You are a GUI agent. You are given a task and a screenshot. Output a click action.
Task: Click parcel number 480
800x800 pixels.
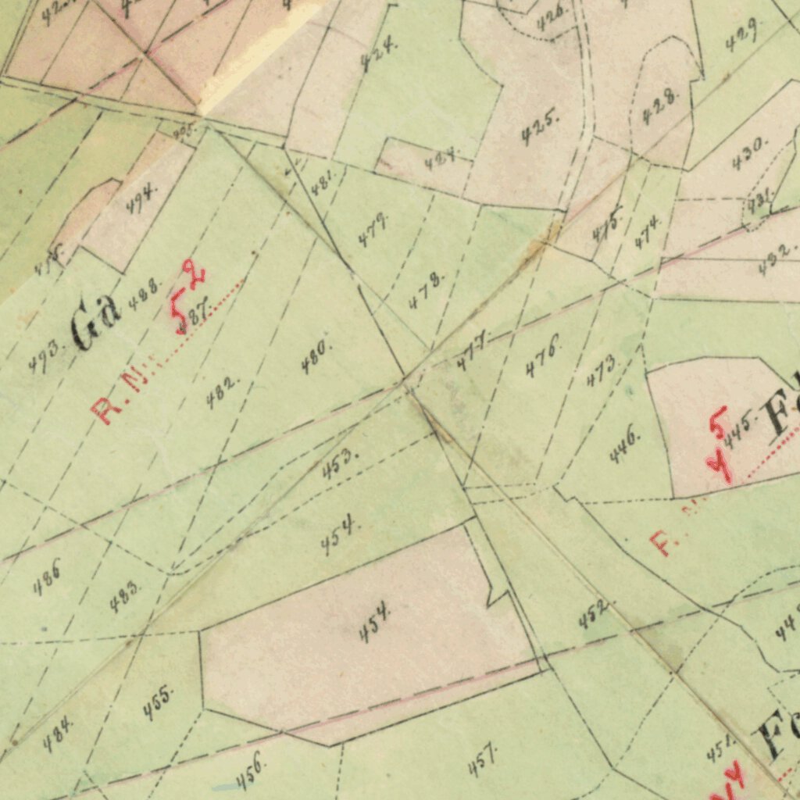click(316, 355)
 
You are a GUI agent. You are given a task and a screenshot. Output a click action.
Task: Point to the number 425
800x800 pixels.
click(540, 127)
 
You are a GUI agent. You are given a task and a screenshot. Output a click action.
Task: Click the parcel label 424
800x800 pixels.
click(379, 55)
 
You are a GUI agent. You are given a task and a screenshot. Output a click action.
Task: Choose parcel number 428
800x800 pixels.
click(660, 106)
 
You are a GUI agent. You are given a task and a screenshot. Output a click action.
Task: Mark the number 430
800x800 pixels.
click(750, 152)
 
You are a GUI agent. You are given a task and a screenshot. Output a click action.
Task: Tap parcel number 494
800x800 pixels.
click(141, 198)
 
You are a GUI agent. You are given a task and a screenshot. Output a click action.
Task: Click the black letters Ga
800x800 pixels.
click(96, 323)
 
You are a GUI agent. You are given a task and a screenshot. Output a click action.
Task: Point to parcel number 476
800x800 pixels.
click(542, 355)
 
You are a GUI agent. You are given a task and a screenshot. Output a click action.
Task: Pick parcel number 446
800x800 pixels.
click(624, 444)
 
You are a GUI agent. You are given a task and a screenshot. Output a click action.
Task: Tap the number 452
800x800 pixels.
click(593, 614)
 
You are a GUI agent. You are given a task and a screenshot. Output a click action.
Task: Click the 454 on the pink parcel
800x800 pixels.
click(374, 622)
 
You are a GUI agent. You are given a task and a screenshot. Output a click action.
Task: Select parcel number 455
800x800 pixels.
click(158, 702)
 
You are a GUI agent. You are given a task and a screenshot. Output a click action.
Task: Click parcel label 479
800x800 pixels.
click(373, 230)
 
